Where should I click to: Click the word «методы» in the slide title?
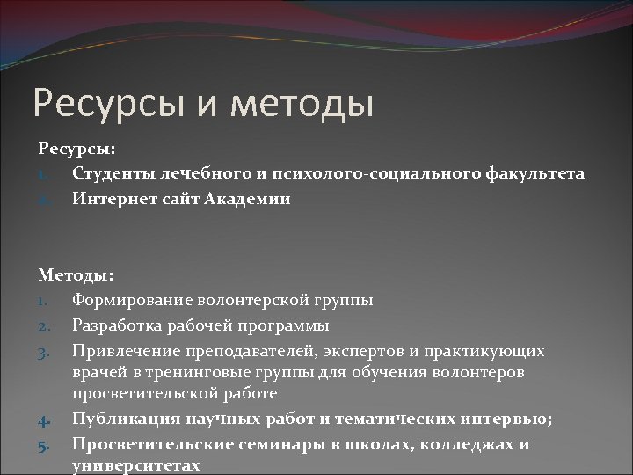pyautogui.click(x=300, y=103)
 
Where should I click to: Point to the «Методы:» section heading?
pyautogui.click(x=75, y=275)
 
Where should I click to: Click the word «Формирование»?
pyautogui.click(x=133, y=300)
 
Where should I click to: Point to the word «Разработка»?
pyautogui.click(x=115, y=325)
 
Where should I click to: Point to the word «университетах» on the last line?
pyautogui.click(x=136, y=465)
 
